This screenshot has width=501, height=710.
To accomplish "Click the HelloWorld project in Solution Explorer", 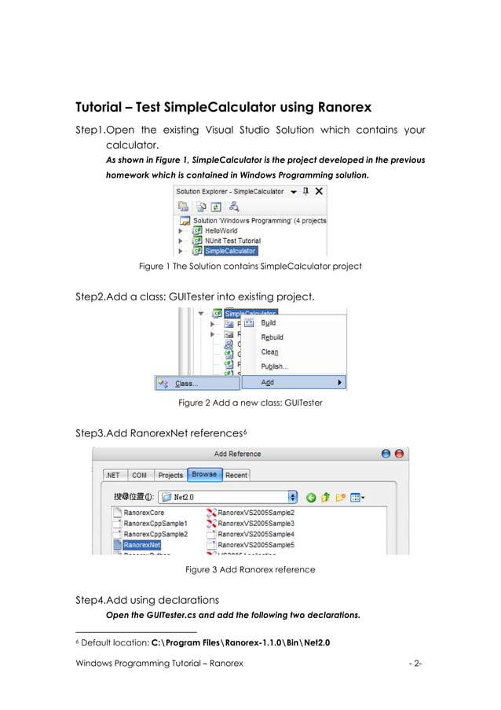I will point(221,231).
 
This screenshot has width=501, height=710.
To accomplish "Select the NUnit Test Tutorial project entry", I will point(232,241).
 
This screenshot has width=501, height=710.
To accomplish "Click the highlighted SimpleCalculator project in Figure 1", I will point(229,251).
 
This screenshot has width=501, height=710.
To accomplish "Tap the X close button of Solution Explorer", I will point(319,191).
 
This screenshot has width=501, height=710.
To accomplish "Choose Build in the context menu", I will point(269,323).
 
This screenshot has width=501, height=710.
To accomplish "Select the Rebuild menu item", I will point(272,337).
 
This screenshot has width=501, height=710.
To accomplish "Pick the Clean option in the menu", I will point(269,352).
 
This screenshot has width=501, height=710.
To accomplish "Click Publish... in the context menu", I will point(275,366).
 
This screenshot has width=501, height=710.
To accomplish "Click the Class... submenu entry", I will point(186,384).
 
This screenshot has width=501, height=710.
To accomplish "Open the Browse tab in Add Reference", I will point(204,475).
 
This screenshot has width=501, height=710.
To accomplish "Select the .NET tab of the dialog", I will point(113,475).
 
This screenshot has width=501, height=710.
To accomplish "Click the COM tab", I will point(139,475).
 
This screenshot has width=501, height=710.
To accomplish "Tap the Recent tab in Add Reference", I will point(236,475).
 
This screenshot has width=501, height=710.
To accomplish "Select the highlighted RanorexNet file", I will point(141,544).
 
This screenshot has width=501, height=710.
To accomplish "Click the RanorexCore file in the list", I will point(144,513).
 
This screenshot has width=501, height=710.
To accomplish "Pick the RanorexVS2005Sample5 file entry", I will point(255,544).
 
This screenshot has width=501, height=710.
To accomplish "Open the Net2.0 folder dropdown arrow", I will point(293,497).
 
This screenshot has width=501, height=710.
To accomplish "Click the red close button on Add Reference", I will point(399,454).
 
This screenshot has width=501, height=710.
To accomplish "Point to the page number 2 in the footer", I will point(416,663).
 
